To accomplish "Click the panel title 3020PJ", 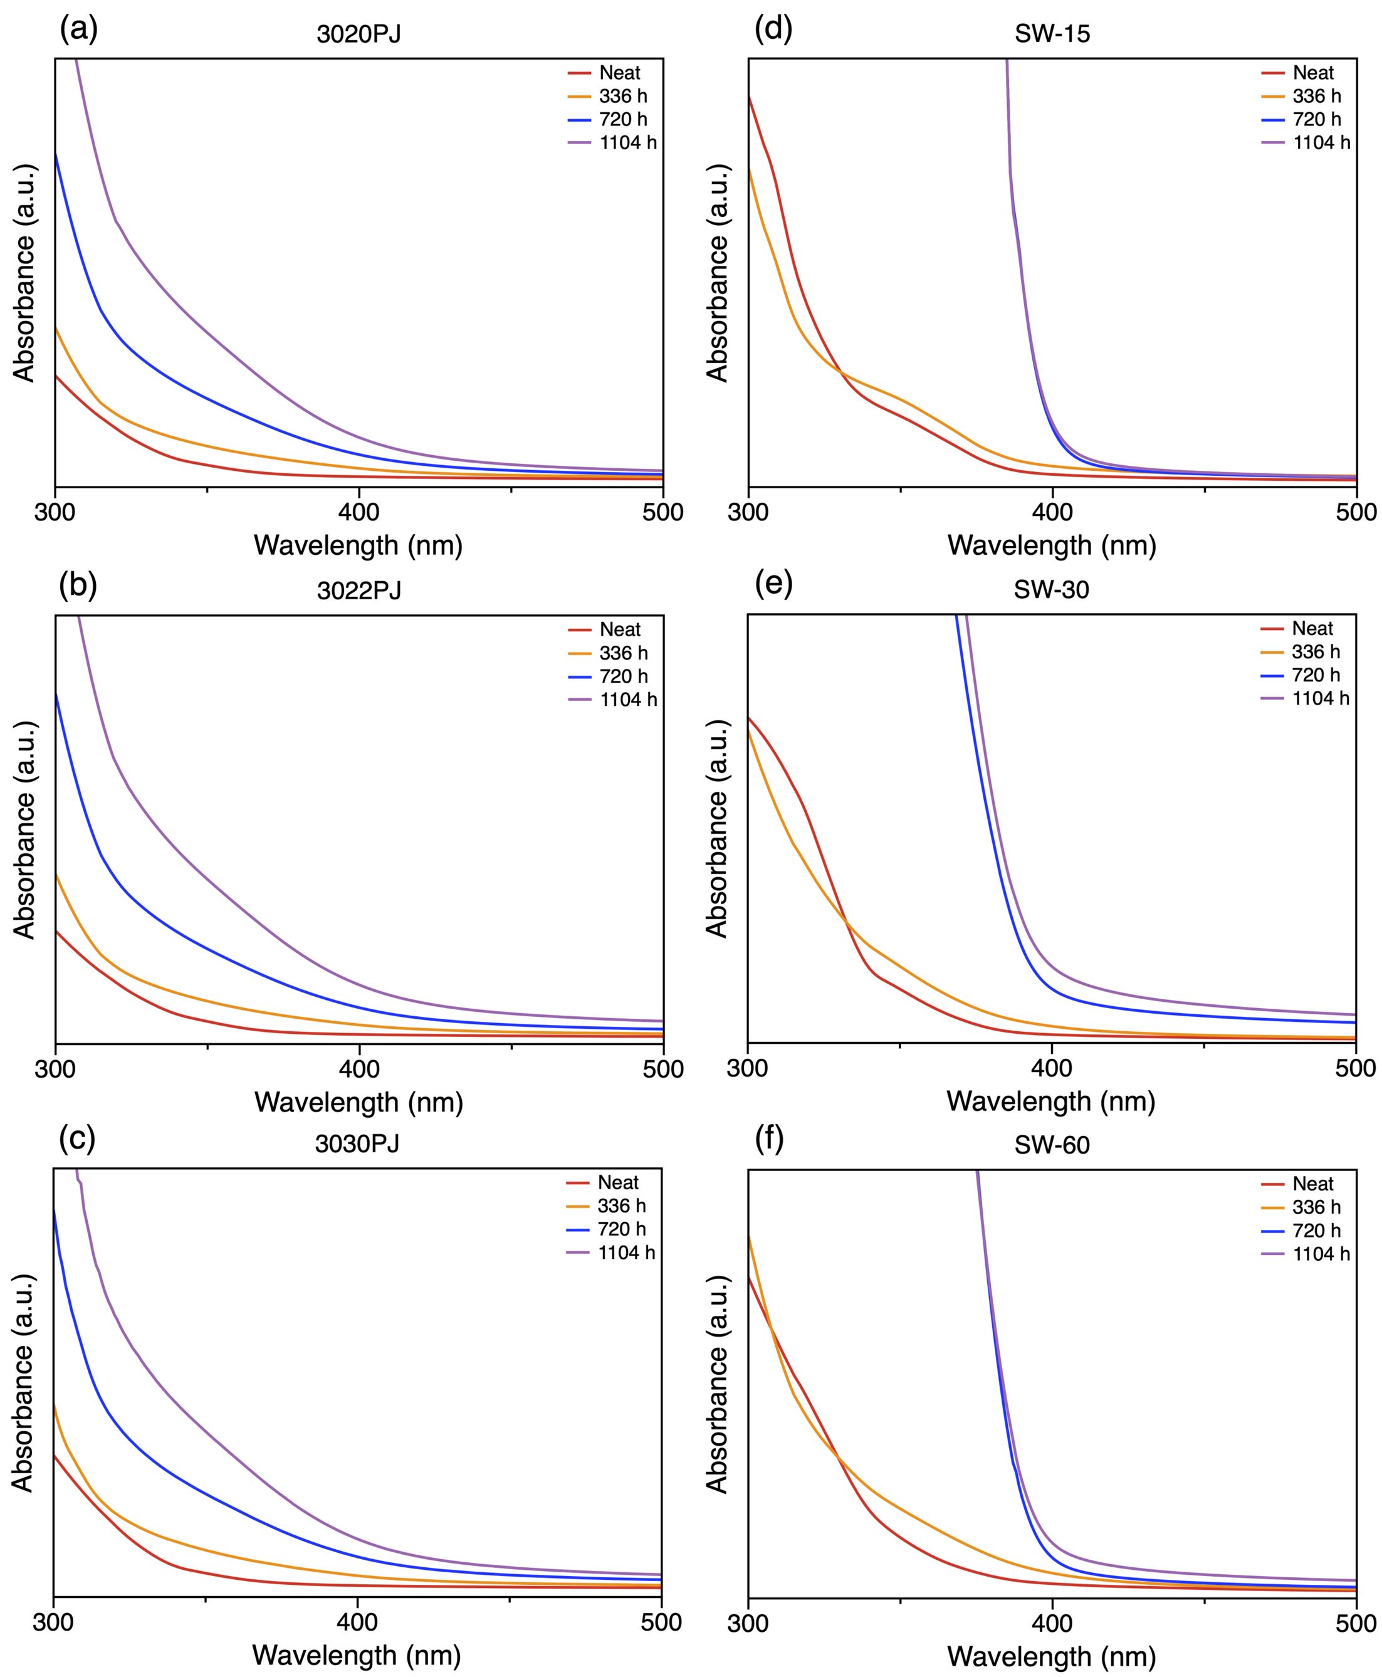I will [359, 35].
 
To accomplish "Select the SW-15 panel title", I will [1052, 35].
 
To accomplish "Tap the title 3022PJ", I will [359, 591].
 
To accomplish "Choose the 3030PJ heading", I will [357, 1143].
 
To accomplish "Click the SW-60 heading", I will [1052, 1145].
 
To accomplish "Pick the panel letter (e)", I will [773, 584].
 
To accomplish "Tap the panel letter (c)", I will [77, 1138].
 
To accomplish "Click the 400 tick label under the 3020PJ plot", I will [359, 512].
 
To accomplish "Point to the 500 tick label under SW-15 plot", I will [1356, 512].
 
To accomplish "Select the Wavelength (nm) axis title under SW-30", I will [1051, 1101].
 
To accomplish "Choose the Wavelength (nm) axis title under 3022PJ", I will [359, 1102].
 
